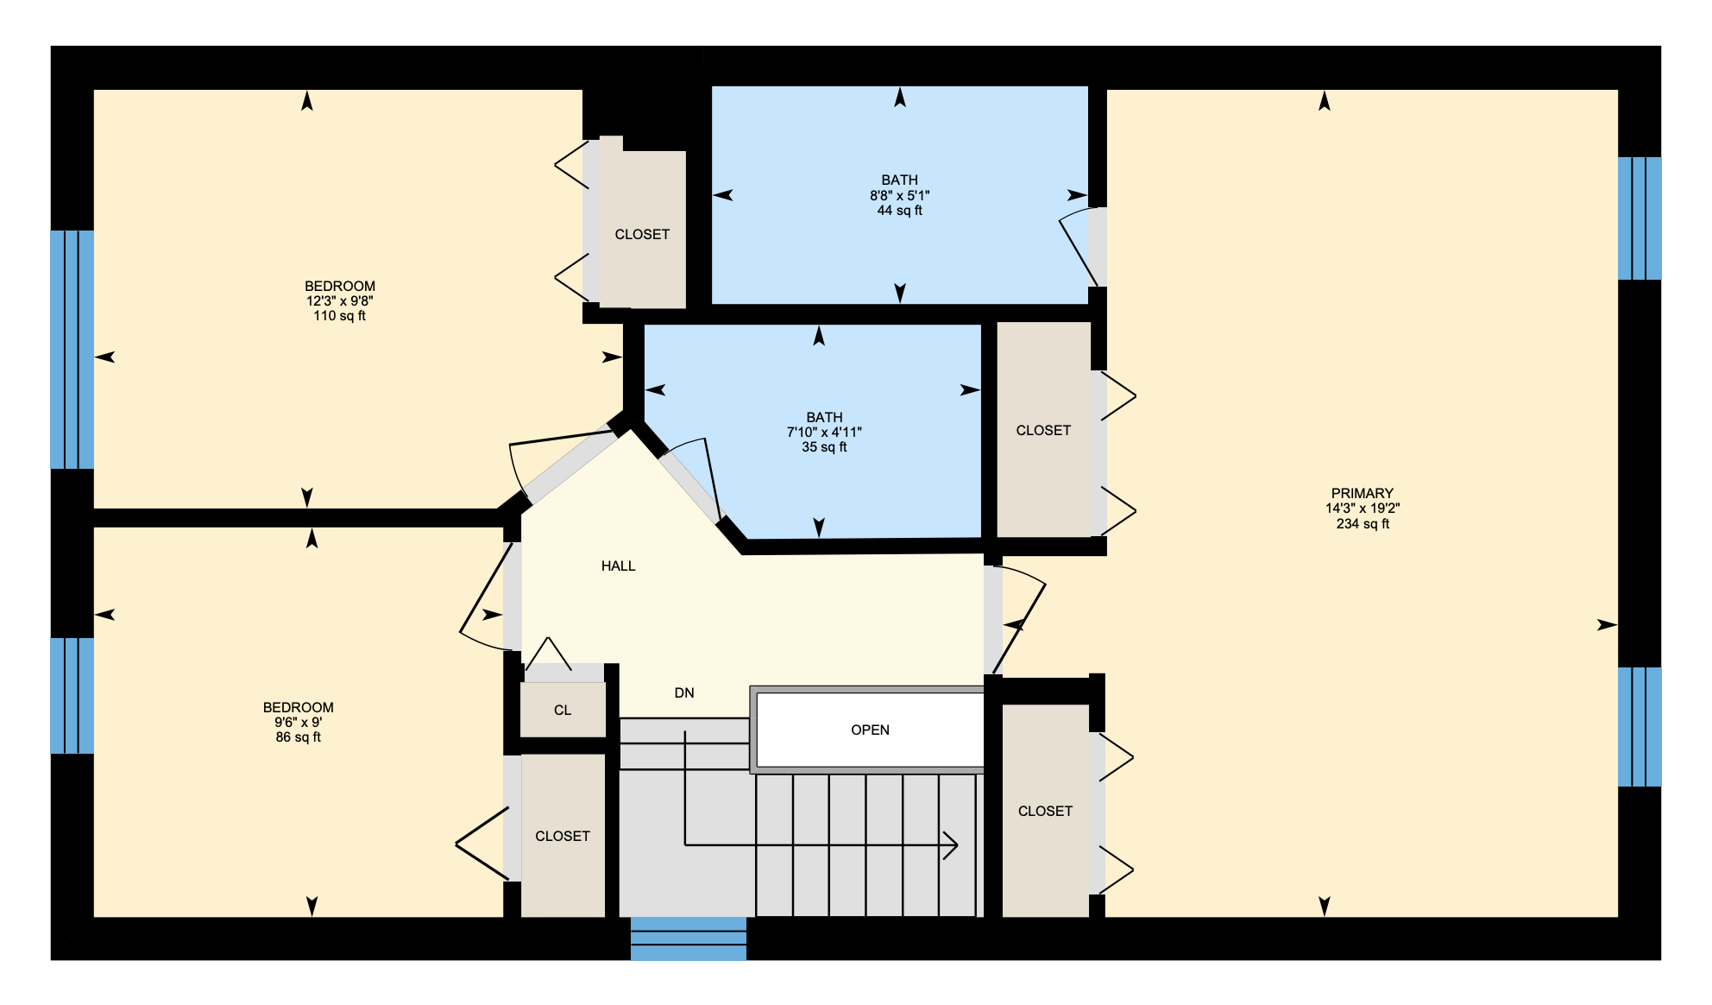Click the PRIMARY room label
pos(1362,493)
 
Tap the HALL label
pos(618,566)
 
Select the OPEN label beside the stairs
pos(870,730)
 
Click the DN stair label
pos(684,693)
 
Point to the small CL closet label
pos(563,711)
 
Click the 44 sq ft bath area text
pos(900,211)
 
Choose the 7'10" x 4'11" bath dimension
pos(824,433)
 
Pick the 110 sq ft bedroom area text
pos(339,316)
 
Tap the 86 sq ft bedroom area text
pos(299,737)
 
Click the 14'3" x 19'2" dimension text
pos(1363,509)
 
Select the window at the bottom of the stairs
pos(689,939)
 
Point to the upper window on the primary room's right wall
pos(1640,218)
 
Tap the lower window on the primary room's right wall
pos(1640,727)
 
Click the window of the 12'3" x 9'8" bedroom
pos(72,350)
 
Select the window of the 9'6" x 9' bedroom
pos(72,696)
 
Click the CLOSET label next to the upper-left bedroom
pos(642,235)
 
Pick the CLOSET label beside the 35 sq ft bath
pos(1043,431)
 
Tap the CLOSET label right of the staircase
pos(1045,812)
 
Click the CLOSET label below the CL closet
pos(563,837)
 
